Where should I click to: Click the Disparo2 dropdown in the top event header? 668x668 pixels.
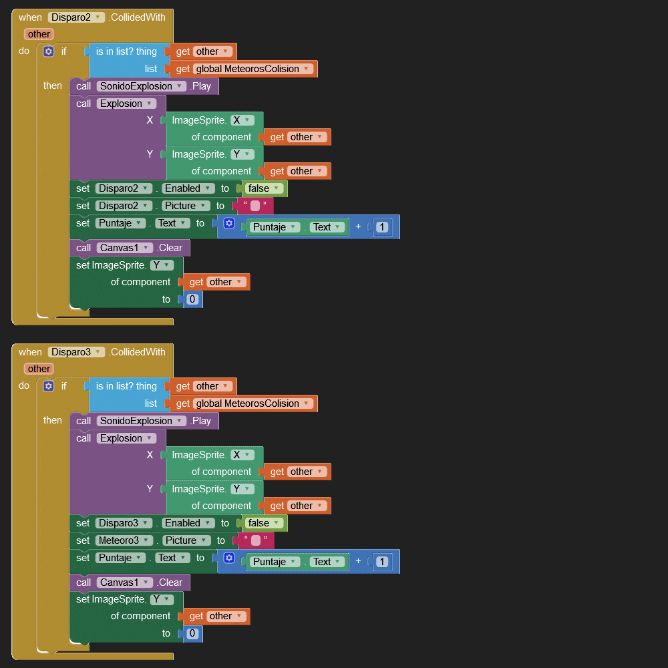click(x=76, y=17)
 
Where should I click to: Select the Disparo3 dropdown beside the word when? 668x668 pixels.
click(x=76, y=352)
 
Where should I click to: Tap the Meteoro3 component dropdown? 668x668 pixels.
click(x=124, y=540)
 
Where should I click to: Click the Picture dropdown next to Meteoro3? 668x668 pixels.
click(x=186, y=540)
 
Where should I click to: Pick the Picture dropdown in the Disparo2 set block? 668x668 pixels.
click(x=186, y=206)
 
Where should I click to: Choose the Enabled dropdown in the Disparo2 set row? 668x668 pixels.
click(x=188, y=188)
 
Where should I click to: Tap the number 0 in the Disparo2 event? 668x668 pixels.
click(x=192, y=299)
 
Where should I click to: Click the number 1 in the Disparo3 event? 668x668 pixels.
click(x=381, y=562)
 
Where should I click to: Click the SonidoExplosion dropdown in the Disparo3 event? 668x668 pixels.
click(x=141, y=421)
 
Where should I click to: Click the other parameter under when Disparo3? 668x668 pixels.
click(x=39, y=369)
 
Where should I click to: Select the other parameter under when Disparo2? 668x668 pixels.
click(x=39, y=34)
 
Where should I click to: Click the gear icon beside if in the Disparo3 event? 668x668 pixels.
click(x=48, y=386)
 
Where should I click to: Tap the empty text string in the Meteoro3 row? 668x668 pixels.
click(x=255, y=540)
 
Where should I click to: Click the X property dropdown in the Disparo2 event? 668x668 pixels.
click(x=242, y=120)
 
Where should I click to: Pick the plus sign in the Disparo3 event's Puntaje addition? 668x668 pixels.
click(x=358, y=562)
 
